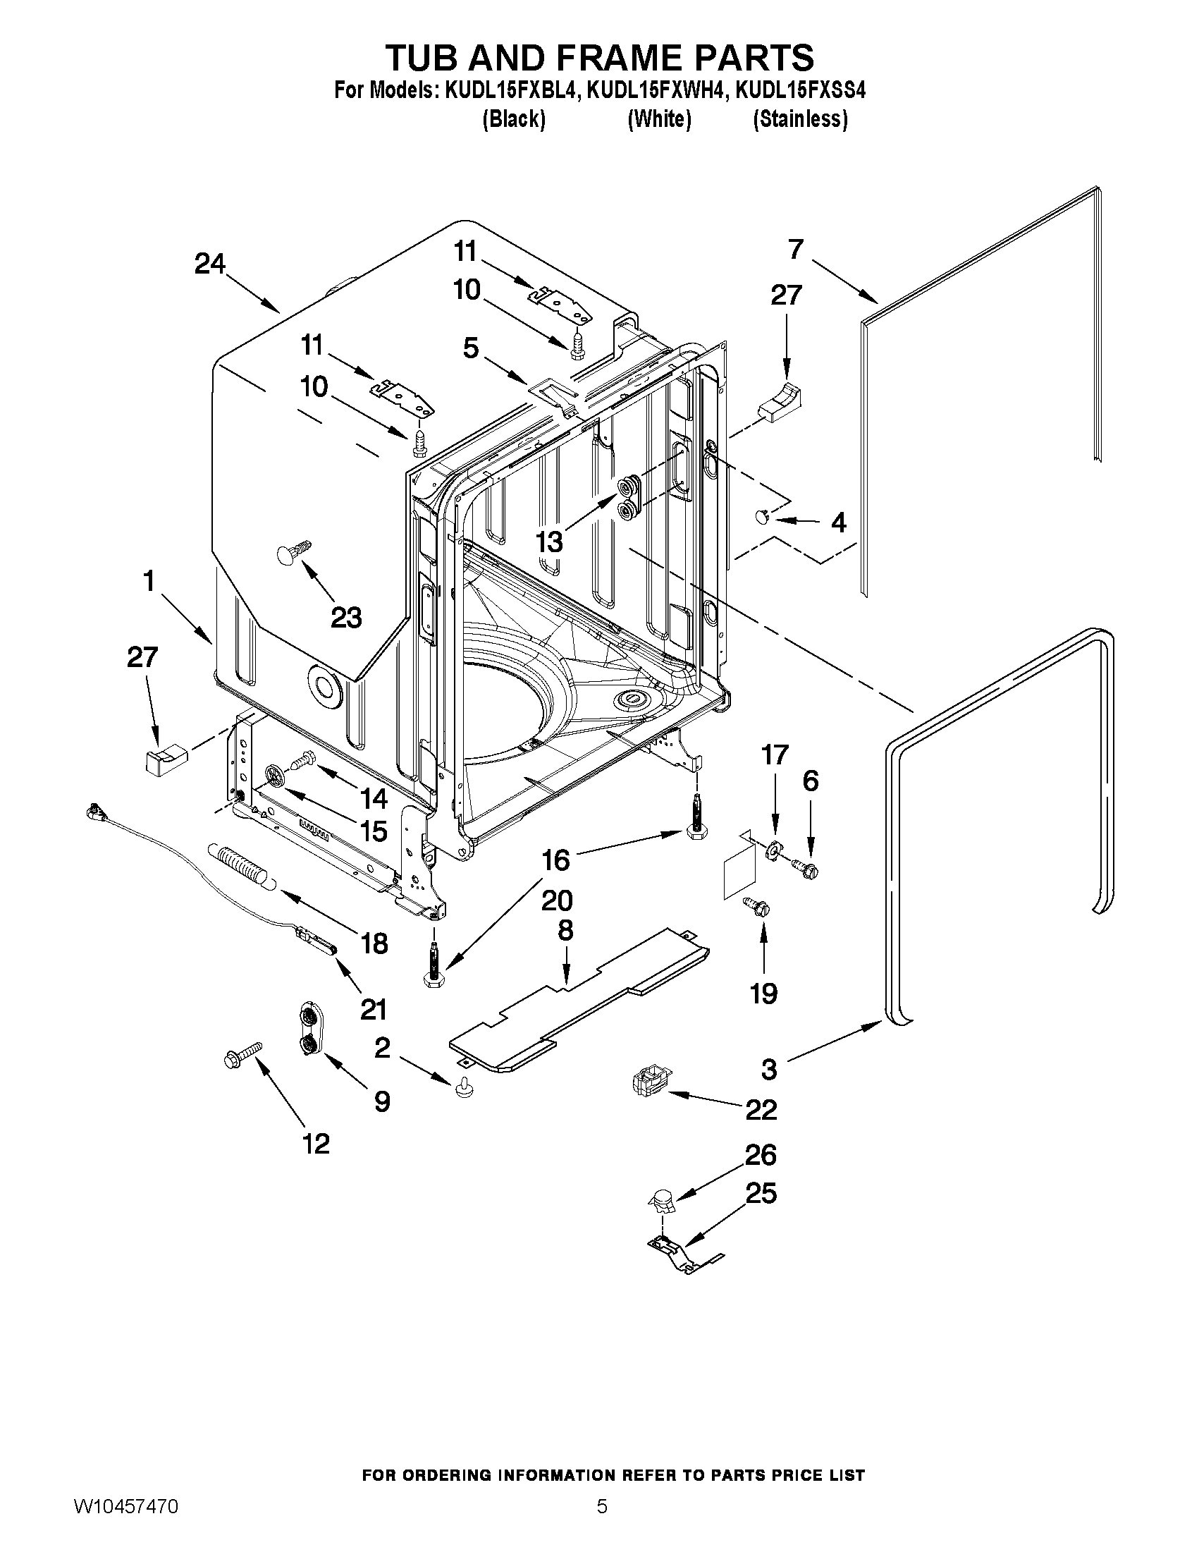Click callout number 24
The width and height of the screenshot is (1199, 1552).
(210, 264)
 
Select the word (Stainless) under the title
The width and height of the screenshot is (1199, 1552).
(800, 118)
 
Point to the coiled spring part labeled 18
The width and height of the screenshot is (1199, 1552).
(241, 865)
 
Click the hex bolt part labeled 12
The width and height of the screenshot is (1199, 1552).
(242, 1055)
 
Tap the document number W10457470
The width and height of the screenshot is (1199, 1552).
(125, 1526)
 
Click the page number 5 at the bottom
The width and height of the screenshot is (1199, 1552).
(602, 1526)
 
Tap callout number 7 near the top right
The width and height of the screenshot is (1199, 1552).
(796, 249)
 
